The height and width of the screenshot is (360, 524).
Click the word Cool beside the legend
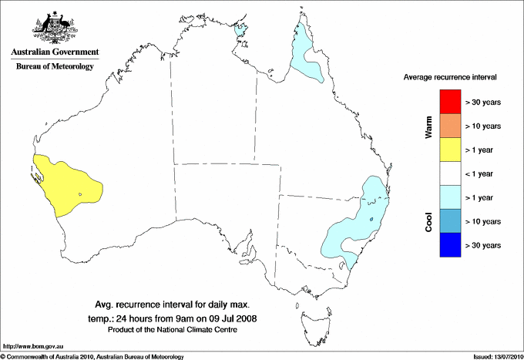pos(428,221)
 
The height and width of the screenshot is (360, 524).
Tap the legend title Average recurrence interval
pos(450,78)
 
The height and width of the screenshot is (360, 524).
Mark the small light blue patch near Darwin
pos(242,30)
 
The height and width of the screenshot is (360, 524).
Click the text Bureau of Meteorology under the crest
pos(54,66)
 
